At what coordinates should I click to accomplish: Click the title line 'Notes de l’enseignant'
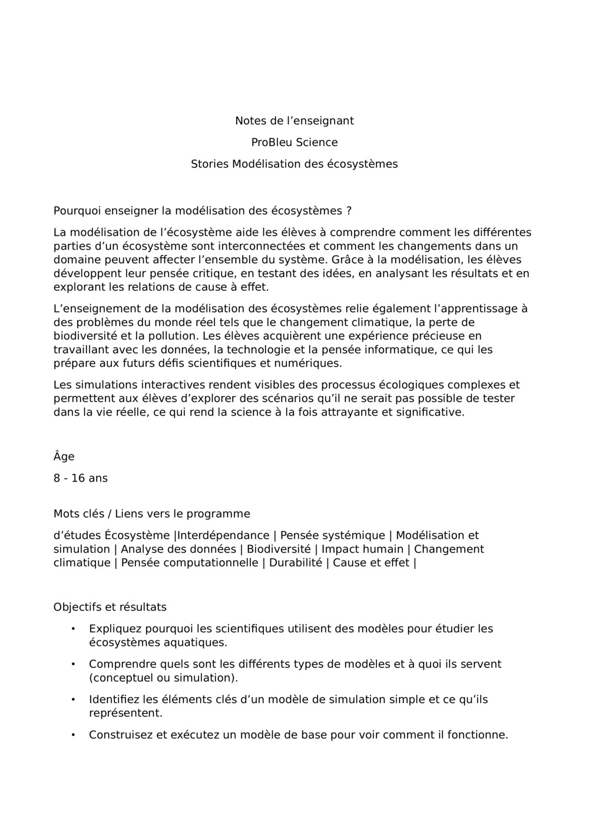294,121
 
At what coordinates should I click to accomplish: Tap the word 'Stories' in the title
209,164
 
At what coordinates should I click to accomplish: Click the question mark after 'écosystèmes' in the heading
349,211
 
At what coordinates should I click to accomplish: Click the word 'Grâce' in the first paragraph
348,260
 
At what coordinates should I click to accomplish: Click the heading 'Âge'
64,457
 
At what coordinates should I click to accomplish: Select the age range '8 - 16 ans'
81,478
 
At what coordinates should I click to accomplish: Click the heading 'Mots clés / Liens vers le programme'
151,514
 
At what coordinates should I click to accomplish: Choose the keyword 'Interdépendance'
223,536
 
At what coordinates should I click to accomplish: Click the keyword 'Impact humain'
362,549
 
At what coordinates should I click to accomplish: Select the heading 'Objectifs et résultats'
110,607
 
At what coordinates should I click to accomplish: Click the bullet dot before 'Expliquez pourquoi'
73,629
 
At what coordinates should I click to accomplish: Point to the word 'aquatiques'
194,642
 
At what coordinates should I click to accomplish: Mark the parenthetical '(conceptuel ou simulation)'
163,678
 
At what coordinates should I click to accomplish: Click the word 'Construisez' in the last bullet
120,735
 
